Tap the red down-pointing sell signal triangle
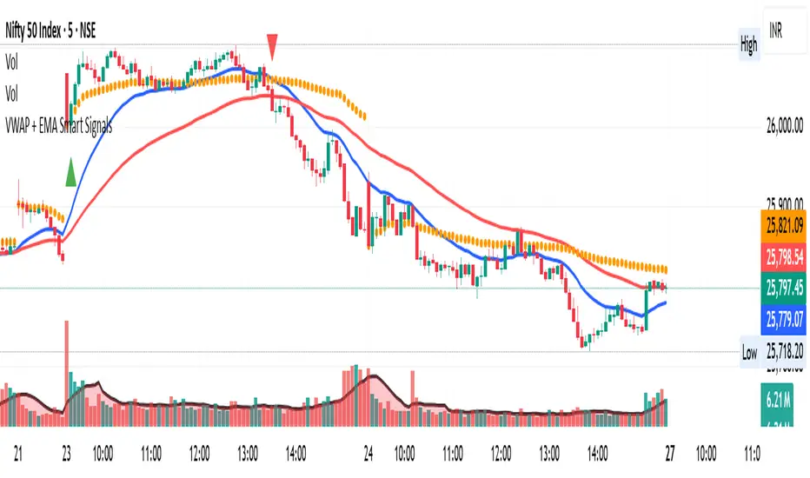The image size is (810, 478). [273, 46]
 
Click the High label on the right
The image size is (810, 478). [748, 46]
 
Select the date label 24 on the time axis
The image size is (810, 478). [368, 453]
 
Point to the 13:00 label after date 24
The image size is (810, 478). [549, 453]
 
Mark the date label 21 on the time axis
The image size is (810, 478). [18, 453]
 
